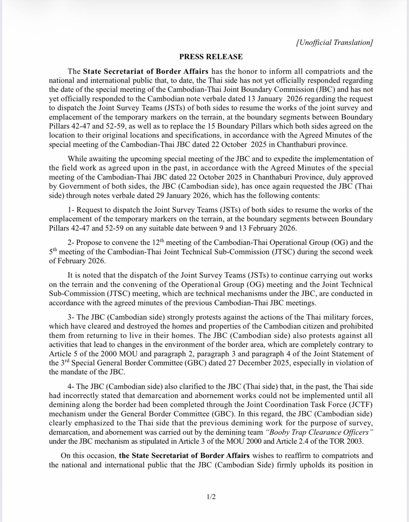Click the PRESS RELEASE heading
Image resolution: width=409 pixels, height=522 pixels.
click(x=211, y=57)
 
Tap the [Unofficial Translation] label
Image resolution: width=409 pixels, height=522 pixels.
click(x=334, y=43)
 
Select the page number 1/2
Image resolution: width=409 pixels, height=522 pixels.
click(x=211, y=496)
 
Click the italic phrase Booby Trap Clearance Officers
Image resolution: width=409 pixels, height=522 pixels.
click(x=319, y=432)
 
